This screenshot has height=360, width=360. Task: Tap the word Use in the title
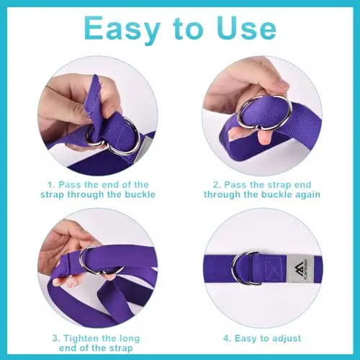246,28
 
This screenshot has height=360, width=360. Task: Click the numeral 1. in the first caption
52,185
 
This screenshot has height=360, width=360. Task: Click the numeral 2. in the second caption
217,185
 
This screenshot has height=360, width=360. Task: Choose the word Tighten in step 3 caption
82,338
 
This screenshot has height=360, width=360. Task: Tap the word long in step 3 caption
129,339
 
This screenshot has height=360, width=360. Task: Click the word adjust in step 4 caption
286,338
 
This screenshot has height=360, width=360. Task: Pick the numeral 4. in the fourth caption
228,338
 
